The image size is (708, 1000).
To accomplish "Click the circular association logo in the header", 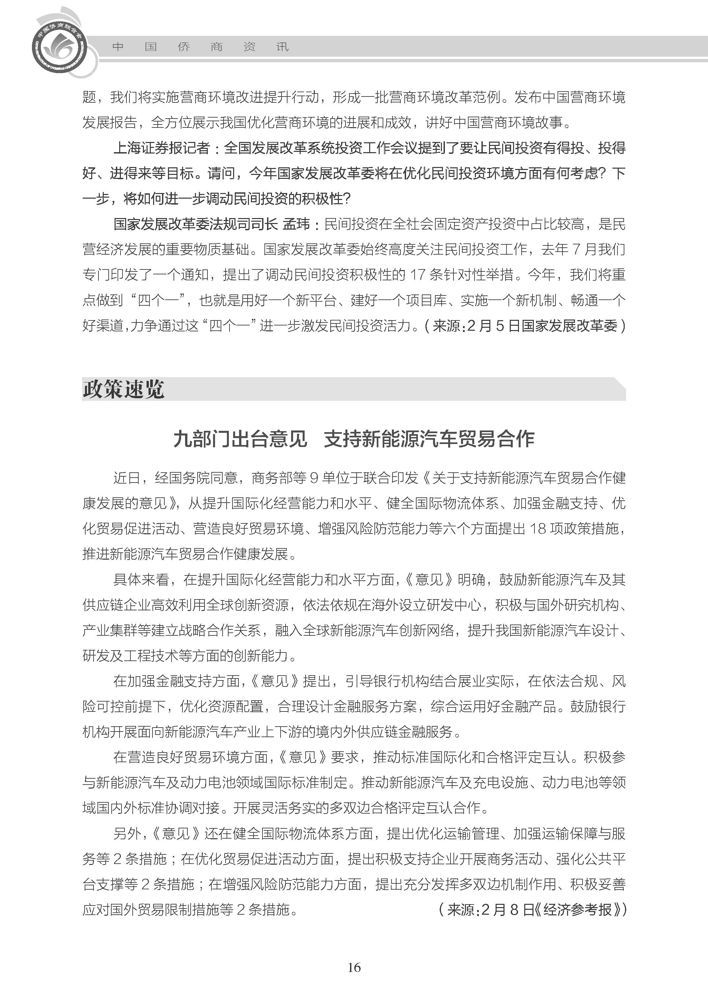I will click(x=59, y=47).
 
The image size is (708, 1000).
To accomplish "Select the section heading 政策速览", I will click(x=123, y=389).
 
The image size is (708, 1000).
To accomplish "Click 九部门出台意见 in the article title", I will click(x=240, y=439).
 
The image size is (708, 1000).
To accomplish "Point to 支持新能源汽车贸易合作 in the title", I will click(x=429, y=439).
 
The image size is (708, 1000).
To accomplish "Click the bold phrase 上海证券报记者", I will click(x=162, y=148).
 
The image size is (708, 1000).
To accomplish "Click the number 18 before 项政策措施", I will click(x=538, y=529).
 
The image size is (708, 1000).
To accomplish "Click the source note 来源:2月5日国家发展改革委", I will click(x=525, y=326).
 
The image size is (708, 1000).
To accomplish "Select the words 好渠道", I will click(x=103, y=326).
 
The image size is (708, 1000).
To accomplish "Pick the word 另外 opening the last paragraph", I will click(x=127, y=833).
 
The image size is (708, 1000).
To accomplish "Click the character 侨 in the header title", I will click(x=183, y=47).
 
